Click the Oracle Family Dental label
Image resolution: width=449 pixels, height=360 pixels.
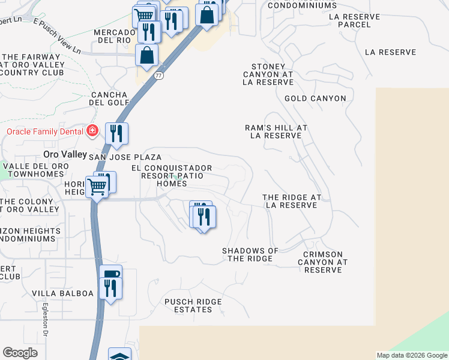click(x=43, y=131)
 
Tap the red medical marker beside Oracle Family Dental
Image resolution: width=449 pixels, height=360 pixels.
click(x=92, y=131)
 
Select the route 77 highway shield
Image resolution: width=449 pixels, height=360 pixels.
click(x=158, y=76)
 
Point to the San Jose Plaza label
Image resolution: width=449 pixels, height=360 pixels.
click(x=125, y=157)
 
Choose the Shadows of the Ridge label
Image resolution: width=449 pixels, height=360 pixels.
click(x=250, y=254)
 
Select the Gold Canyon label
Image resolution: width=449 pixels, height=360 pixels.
click(x=315, y=98)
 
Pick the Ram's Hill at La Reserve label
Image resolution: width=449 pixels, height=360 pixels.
click(x=276, y=131)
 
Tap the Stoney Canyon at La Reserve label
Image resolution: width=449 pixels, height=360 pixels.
click(x=268, y=74)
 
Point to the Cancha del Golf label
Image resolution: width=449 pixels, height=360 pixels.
click(x=109, y=98)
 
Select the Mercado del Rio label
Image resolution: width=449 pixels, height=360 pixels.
click(x=115, y=36)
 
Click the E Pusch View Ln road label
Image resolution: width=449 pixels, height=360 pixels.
click(x=57, y=36)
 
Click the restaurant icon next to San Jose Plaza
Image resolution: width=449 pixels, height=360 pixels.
click(x=116, y=133)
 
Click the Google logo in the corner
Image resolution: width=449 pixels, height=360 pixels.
click(x=20, y=353)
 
